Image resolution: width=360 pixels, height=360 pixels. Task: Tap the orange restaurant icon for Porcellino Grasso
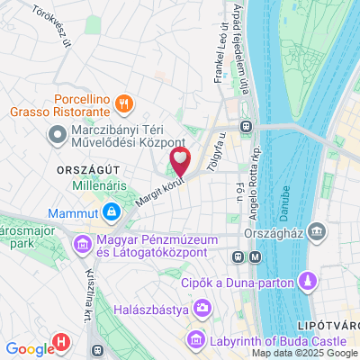tap(126, 102)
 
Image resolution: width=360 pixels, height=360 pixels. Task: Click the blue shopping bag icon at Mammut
tap(111, 213)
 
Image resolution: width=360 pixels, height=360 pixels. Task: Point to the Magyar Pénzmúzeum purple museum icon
tap(82, 244)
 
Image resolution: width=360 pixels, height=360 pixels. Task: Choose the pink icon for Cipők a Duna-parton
tap(307, 282)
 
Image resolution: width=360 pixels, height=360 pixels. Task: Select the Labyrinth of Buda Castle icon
tap(195, 341)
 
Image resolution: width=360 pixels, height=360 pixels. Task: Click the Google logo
tap(30, 349)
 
